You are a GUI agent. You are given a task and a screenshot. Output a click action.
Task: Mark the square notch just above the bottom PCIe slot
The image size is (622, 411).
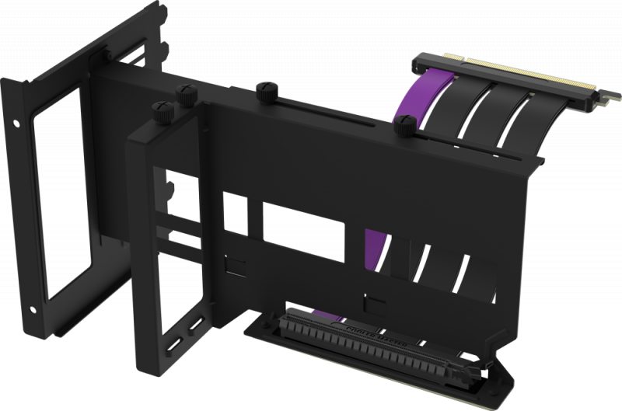point(378,302)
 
